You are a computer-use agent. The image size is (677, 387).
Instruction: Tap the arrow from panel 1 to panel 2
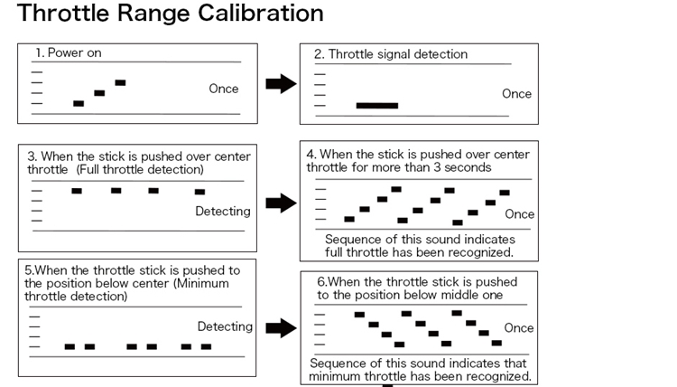[282, 84]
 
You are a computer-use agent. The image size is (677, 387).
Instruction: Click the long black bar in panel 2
[376, 106]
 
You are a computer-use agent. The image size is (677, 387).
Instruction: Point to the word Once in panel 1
[224, 89]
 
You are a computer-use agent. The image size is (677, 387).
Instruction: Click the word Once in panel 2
[516, 94]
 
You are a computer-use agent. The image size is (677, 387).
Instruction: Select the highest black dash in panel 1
[120, 82]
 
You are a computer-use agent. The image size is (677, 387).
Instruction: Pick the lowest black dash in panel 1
[79, 103]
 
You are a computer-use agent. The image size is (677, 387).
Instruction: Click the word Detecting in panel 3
[223, 211]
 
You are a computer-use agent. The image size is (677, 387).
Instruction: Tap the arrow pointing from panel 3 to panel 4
[282, 203]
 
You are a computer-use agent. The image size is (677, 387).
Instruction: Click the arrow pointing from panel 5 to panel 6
[282, 328]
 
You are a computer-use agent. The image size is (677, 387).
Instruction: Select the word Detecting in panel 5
[225, 326]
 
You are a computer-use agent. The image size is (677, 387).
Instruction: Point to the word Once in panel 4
[519, 214]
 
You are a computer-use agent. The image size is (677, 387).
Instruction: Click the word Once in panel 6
[518, 328]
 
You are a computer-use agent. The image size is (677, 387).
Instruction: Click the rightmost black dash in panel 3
[199, 192]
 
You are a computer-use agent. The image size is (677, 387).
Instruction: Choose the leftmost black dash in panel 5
[70, 346]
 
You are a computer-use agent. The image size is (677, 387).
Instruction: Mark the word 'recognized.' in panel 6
[498, 375]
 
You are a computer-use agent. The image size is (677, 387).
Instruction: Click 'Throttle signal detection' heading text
[390, 54]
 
